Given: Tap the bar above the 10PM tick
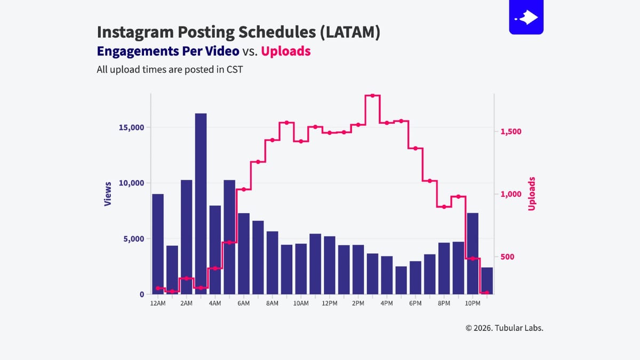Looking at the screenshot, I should coord(473,254).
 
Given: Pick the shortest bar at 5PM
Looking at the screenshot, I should coord(401,281).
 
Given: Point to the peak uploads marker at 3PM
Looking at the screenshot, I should coord(372,95).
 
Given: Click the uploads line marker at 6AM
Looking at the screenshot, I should coord(244,189).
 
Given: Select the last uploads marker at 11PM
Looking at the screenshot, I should coord(486,292).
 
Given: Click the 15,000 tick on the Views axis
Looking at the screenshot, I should coord(131,127).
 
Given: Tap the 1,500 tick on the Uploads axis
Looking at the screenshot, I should coord(511,132).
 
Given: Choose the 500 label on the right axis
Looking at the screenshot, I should coord(508,257).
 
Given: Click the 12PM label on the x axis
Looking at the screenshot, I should coord(330,303).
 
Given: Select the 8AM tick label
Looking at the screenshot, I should coord(272,303).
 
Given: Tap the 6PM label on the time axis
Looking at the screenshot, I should coord(415,303).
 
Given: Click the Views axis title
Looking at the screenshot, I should coord(108,194).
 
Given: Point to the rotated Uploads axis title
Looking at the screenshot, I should coord(531,194).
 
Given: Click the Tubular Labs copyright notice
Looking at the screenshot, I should coord(504,328).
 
